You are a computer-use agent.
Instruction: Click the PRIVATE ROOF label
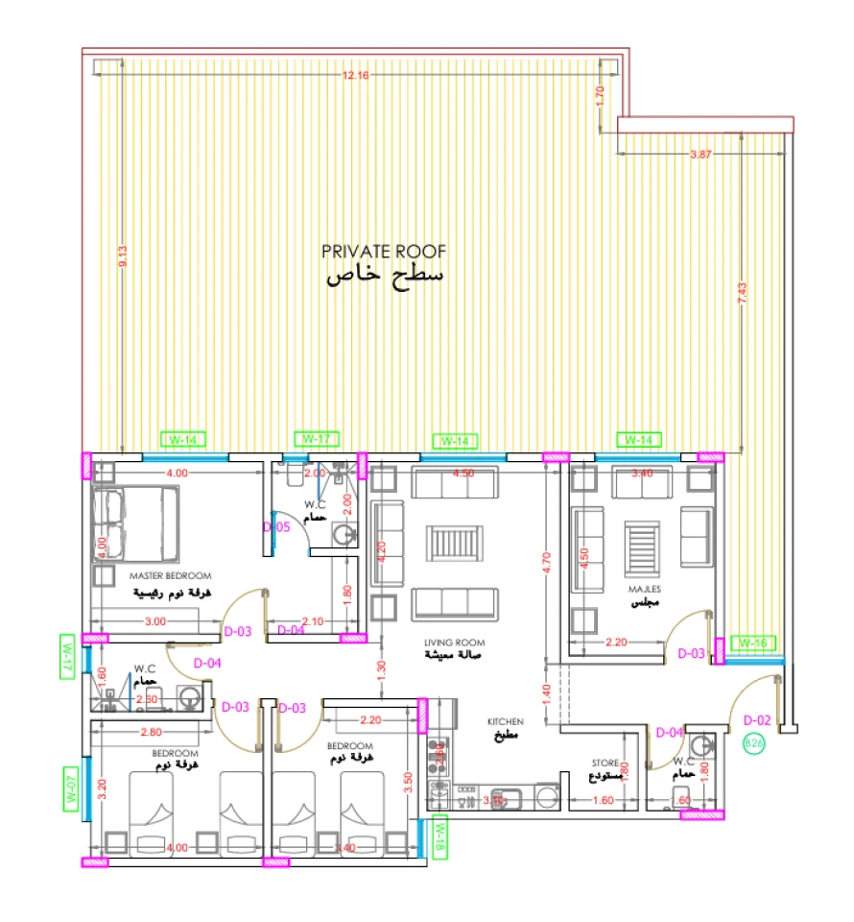point(384,252)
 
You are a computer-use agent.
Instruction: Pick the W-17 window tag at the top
point(317,439)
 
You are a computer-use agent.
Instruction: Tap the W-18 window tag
point(440,835)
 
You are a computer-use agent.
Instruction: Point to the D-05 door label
point(276,527)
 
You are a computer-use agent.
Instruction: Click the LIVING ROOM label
point(456,642)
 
